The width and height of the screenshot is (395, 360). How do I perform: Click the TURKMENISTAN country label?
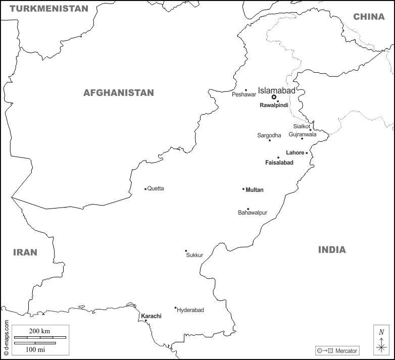[x=49, y=9]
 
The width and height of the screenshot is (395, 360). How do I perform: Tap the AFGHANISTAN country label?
[x=119, y=93]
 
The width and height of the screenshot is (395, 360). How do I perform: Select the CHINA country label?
[x=369, y=17]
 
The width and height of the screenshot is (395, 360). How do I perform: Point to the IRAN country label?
[x=25, y=252]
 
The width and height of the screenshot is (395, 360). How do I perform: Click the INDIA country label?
[x=332, y=249]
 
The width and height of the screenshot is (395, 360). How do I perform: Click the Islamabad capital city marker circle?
[x=274, y=97]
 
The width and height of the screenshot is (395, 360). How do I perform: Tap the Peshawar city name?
[x=244, y=95]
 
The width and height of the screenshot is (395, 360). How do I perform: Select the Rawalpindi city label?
[x=274, y=106]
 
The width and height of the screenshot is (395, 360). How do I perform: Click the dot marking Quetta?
[x=145, y=189]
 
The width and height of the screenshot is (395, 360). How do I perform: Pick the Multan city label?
[x=255, y=190]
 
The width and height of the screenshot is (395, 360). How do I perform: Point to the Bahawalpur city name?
[x=253, y=213]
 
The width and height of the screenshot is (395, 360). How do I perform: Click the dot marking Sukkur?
[x=186, y=251]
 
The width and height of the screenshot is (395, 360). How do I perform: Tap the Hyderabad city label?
[x=190, y=310]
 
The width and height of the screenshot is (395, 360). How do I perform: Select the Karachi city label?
[x=151, y=316]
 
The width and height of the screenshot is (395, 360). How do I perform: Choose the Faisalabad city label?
[x=279, y=163]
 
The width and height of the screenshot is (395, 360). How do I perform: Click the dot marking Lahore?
[x=307, y=153]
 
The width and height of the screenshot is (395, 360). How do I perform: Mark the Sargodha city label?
[x=269, y=135]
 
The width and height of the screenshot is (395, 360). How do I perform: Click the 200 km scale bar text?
[x=39, y=330]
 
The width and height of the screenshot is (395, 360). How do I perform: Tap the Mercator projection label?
[x=346, y=351]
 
